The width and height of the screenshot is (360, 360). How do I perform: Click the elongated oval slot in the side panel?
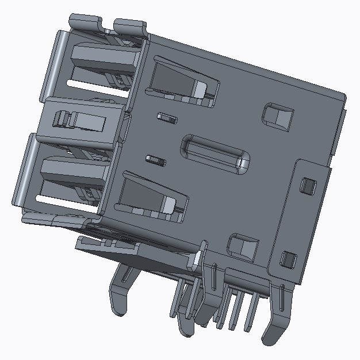click(x=216, y=152)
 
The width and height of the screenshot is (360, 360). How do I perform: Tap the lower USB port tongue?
click(x=75, y=170)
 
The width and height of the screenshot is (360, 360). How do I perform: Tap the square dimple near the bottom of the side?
click(x=243, y=246)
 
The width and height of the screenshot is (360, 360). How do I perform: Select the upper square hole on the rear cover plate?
click(x=308, y=185)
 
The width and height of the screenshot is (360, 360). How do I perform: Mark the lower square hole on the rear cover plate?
click(x=288, y=259)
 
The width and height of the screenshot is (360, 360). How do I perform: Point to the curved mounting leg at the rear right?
click(x=276, y=322)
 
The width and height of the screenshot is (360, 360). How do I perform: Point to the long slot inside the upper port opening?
click(x=95, y=84)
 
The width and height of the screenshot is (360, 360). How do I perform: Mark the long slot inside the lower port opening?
click(x=63, y=199)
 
